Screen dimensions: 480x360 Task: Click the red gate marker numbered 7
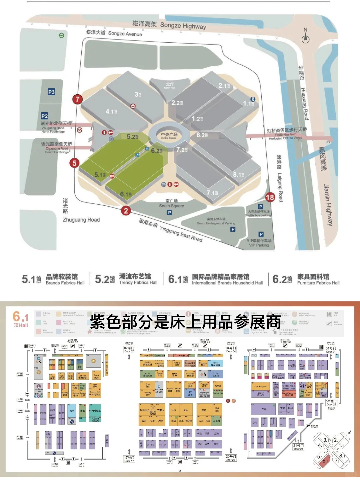click(x=77, y=99)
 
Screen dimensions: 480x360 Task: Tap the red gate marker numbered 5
click(x=74, y=163)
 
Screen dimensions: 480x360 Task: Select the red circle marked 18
click(x=270, y=197)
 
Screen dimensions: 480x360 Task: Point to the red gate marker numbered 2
click(x=126, y=211)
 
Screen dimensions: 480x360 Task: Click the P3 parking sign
click(x=51, y=92)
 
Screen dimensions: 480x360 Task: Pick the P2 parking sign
click(x=44, y=116)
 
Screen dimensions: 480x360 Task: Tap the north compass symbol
click(x=305, y=36)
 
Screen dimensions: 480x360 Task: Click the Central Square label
click(x=169, y=136)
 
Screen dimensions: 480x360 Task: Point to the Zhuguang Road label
click(x=81, y=220)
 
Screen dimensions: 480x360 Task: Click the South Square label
click(x=171, y=204)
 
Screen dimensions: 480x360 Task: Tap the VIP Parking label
click(x=259, y=243)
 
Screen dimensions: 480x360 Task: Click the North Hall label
click(x=170, y=85)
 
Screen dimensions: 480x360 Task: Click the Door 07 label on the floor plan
click(x=129, y=350)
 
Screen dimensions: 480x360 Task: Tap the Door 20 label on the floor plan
click(x=230, y=458)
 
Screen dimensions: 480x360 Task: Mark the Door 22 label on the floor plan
click(x=331, y=403)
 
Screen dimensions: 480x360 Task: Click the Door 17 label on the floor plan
click(x=129, y=459)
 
